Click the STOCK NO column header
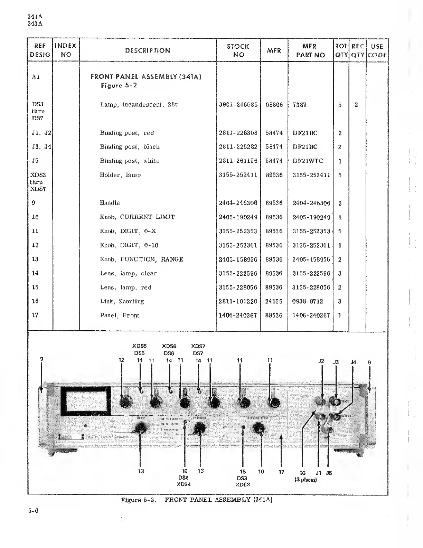238,50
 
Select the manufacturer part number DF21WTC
308,161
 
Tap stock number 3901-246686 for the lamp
238,105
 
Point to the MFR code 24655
274,301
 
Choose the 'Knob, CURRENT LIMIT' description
137,217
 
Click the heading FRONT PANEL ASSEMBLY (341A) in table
146,77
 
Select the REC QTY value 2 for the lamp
356,105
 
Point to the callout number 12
121,360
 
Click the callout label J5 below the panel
329,473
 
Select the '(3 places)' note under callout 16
305,480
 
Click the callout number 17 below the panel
281,471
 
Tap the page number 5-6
33,511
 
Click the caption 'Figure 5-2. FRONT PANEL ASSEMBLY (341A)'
196,500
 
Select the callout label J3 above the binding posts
336,362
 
